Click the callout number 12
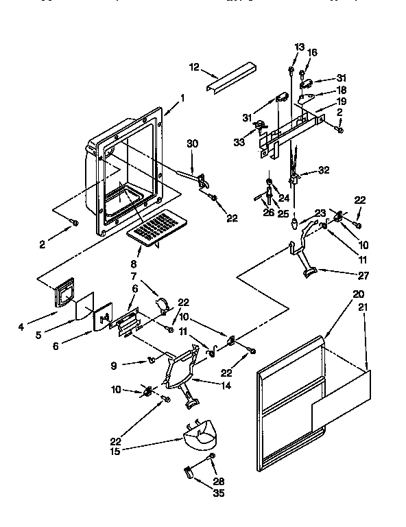click(194, 67)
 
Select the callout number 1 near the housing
click(182, 97)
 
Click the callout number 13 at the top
click(298, 47)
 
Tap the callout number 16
click(313, 52)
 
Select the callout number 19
click(341, 101)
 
